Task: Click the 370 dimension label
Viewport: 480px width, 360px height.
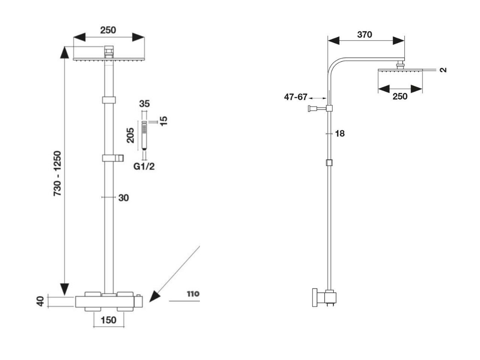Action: (x=364, y=34)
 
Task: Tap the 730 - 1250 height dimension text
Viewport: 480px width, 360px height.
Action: (x=57, y=173)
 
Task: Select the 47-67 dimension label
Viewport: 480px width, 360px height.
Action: (x=295, y=97)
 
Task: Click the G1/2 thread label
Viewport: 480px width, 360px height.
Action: (x=144, y=166)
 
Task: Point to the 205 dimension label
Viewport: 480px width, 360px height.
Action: (x=130, y=135)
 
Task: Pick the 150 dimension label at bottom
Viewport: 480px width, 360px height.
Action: (x=108, y=320)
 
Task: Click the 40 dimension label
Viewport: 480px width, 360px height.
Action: (x=40, y=301)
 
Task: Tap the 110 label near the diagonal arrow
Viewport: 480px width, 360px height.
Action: (x=193, y=294)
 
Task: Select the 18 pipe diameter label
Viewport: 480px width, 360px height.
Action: (x=340, y=133)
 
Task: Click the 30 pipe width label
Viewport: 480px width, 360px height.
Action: (x=123, y=198)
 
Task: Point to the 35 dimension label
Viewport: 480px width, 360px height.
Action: (x=144, y=103)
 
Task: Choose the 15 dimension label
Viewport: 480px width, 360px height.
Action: (x=163, y=121)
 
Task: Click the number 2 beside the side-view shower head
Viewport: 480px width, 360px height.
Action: (x=443, y=70)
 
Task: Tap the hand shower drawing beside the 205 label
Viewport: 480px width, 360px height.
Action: (x=144, y=135)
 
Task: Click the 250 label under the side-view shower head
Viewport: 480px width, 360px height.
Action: (x=400, y=96)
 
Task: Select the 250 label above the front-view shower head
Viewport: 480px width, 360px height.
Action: (x=108, y=30)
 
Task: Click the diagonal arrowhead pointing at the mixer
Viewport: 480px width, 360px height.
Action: (x=155, y=296)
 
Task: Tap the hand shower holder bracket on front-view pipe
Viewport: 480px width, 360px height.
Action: (x=113, y=158)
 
